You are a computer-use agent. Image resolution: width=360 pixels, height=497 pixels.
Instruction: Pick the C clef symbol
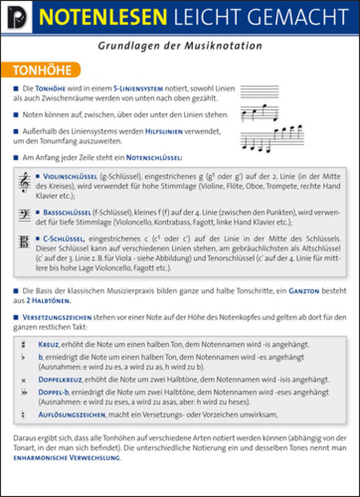(x=24, y=242)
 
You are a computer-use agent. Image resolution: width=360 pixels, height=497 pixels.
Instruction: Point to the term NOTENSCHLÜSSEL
(x=154, y=158)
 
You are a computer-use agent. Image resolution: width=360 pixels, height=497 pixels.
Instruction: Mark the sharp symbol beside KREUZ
(x=23, y=345)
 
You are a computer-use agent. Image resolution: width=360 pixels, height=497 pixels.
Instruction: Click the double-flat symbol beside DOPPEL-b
(x=24, y=392)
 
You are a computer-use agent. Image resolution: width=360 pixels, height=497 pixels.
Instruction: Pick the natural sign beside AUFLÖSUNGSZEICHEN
(x=23, y=415)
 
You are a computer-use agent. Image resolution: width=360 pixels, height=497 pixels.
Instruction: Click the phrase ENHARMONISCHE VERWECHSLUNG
(x=67, y=458)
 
